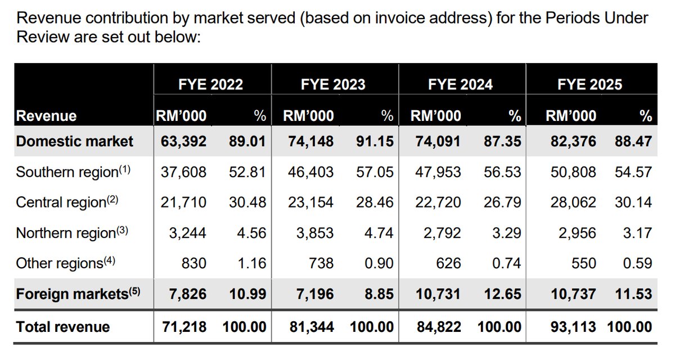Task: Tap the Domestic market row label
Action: coord(75,141)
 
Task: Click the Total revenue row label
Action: coord(63,327)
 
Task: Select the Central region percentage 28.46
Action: coord(374,202)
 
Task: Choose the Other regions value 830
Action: coord(195,263)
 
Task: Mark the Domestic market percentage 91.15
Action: coord(374,141)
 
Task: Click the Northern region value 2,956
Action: coord(577,232)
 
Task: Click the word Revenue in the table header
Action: coord(46,116)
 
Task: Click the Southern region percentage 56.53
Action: coord(502,171)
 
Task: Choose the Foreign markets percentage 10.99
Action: coord(247,293)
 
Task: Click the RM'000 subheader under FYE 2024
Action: coord(436,116)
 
